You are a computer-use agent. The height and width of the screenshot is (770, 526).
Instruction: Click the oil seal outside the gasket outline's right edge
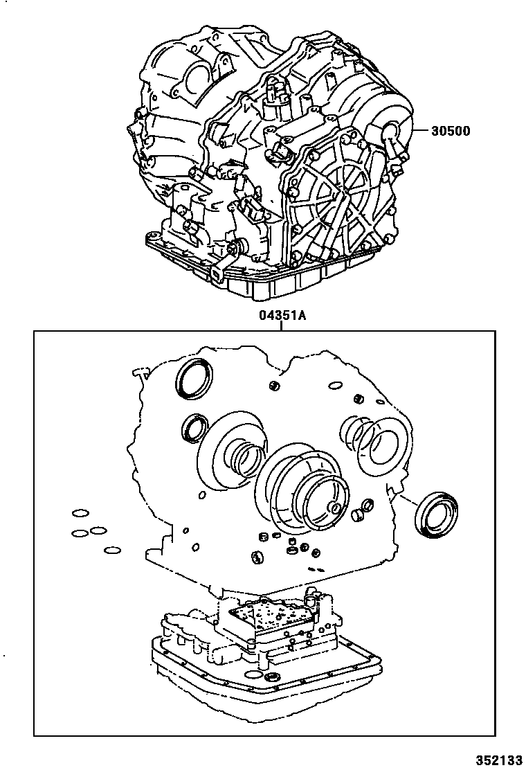(x=433, y=514)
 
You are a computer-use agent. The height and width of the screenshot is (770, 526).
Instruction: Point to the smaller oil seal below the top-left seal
(x=194, y=427)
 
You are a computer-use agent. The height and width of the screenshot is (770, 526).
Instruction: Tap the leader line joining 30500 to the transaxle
(x=421, y=131)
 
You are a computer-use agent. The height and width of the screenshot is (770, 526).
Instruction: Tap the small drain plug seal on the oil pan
(x=274, y=676)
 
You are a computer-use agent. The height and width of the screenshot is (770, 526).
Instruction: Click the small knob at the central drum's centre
(x=335, y=509)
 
